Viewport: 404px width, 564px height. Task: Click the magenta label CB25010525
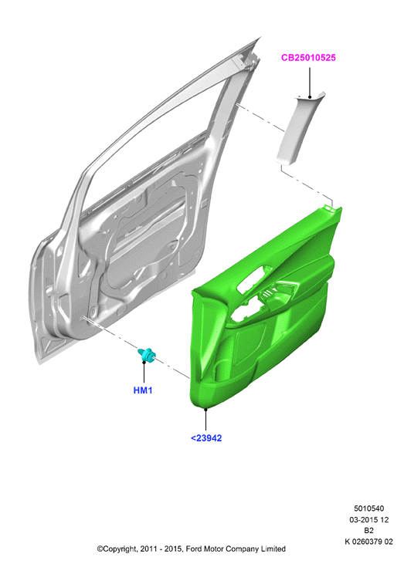pyautogui.click(x=308, y=58)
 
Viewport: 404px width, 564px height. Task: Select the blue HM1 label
pyautogui.click(x=143, y=390)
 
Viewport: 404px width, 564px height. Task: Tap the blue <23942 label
pyautogui.click(x=206, y=438)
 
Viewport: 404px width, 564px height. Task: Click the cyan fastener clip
pyautogui.click(x=148, y=355)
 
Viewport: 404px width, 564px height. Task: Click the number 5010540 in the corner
pyautogui.click(x=368, y=508)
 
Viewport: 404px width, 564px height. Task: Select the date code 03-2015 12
pyautogui.click(x=368, y=519)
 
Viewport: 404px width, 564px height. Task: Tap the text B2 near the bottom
pyautogui.click(x=368, y=531)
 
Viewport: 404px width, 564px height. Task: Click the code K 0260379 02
pyautogui.click(x=368, y=542)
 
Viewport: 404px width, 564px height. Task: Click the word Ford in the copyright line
pyautogui.click(x=194, y=549)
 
